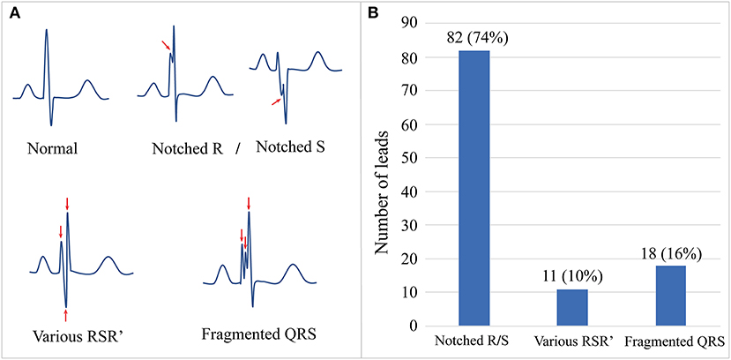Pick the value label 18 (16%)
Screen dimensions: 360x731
click(672, 252)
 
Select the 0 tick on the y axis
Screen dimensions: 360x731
click(412, 326)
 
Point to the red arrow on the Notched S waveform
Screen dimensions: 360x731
click(276, 102)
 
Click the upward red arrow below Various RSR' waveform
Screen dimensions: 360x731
click(66, 313)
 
